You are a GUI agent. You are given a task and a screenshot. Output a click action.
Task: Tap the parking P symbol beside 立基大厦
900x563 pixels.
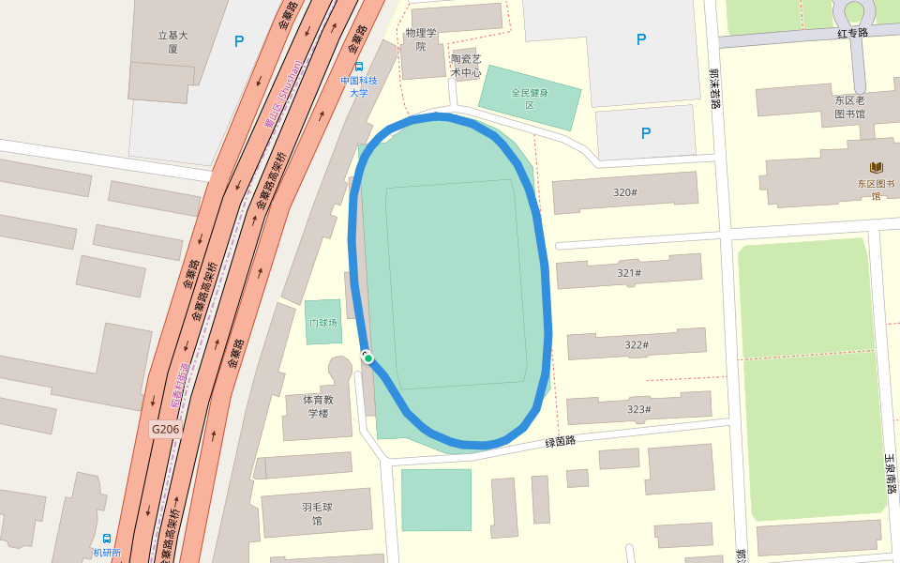tap(239, 41)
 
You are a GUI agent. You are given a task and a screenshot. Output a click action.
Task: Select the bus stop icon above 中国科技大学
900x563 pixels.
tap(359, 66)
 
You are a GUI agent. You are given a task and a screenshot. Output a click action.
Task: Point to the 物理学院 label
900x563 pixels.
tap(422, 39)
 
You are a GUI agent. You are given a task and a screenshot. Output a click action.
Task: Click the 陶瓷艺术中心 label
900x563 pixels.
tap(466, 65)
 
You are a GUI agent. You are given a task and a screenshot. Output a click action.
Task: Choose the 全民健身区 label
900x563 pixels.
tap(530, 99)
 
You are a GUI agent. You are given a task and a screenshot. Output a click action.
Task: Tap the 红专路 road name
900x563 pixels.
tap(852, 33)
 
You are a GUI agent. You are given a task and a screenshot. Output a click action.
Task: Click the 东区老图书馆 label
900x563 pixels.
tap(849, 107)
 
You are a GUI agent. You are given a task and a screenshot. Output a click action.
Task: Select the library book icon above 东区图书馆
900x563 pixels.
tap(877, 167)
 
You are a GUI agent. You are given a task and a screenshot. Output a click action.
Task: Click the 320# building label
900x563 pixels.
tap(625, 192)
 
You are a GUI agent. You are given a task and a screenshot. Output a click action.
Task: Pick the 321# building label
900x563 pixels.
tap(629, 273)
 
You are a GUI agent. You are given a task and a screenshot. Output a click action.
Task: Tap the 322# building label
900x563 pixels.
tap(637, 344)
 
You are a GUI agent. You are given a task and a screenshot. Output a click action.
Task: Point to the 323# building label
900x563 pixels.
tap(639, 409)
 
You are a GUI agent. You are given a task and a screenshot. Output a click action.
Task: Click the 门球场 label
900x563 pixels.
tap(322, 323)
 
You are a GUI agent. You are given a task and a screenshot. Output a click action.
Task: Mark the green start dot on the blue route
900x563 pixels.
tap(368, 358)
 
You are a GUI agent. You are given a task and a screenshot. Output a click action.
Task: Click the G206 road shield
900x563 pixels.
tap(165, 429)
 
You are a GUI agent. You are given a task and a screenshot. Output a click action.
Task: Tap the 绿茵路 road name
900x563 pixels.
tap(560, 440)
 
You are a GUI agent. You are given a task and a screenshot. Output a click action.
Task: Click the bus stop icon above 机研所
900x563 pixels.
tap(107, 539)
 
